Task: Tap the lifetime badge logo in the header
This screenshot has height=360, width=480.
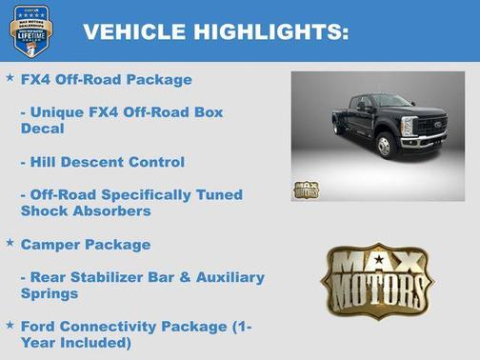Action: (x=30, y=30)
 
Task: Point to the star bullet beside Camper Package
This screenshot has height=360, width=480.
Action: (x=10, y=243)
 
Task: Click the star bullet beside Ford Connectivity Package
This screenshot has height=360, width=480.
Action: (x=10, y=325)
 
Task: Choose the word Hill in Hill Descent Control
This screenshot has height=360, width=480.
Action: (x=48, y=162)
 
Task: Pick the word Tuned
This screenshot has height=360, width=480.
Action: (x=219, y=194)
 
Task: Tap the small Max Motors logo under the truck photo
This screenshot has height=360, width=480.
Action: (x=307, y=188)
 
